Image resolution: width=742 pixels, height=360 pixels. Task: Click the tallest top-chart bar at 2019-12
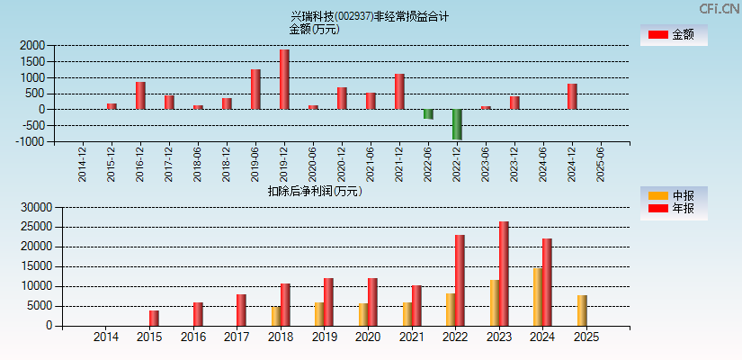(284, 79)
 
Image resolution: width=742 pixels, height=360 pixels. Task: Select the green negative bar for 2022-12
(457, 124)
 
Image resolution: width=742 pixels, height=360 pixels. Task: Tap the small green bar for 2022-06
(428, 114)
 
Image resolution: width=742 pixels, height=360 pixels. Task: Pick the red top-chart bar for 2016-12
(140, 95)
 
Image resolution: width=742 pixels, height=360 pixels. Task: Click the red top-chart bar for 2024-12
(572, 96)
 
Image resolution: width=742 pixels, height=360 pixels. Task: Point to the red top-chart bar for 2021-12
(399, 91)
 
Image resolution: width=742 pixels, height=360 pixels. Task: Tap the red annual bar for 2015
(154, 318)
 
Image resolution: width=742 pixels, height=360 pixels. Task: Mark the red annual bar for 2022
(460, 280)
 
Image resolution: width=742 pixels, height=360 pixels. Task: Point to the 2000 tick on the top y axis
(32, 45)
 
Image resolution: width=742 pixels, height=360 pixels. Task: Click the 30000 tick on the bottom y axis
(30, 207)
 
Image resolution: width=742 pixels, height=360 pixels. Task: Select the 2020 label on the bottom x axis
(367, 337)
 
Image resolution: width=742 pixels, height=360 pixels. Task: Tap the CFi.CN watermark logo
(719, 9)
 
